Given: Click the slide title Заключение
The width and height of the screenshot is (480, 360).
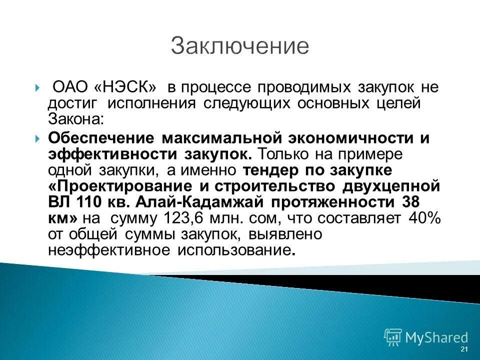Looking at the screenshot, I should tap(239, 46).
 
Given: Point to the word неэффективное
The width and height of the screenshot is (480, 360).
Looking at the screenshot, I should tap(109, 250).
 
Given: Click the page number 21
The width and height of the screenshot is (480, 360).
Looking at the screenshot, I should tap(464, 348).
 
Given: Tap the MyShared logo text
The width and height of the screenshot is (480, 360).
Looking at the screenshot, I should tap(436, 337).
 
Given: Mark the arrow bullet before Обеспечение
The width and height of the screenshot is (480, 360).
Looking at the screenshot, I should tap(38, 138).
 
